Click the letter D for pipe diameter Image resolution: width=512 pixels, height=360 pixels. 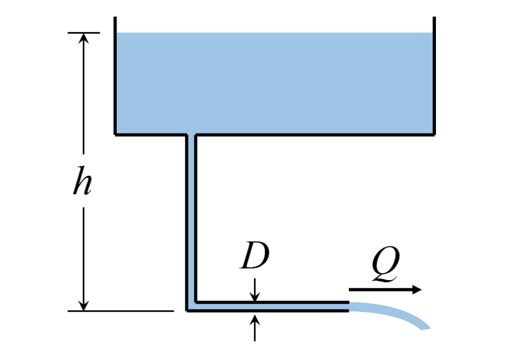click(x=254, y=258)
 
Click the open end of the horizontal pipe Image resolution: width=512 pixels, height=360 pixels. click(x=349, y=306)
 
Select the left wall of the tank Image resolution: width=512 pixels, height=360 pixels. click(x=116, y=75)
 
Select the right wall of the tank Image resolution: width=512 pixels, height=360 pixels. click(x=434, y=75)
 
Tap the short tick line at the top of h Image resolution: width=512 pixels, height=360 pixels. click(x=84, y=33)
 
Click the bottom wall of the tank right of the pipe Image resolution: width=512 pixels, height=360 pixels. click(x=316, y=134)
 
